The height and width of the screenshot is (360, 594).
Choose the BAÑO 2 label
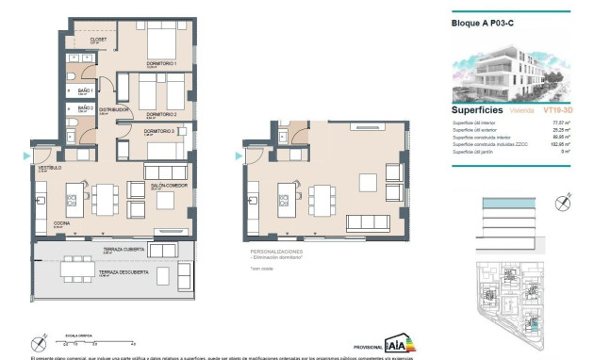[x=85, y=108]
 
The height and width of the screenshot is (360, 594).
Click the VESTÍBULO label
[x=48, y=168]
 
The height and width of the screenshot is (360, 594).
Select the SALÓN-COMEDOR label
[x=170, y=187]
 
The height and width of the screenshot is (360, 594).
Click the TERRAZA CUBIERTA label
[x=121, y=250]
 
